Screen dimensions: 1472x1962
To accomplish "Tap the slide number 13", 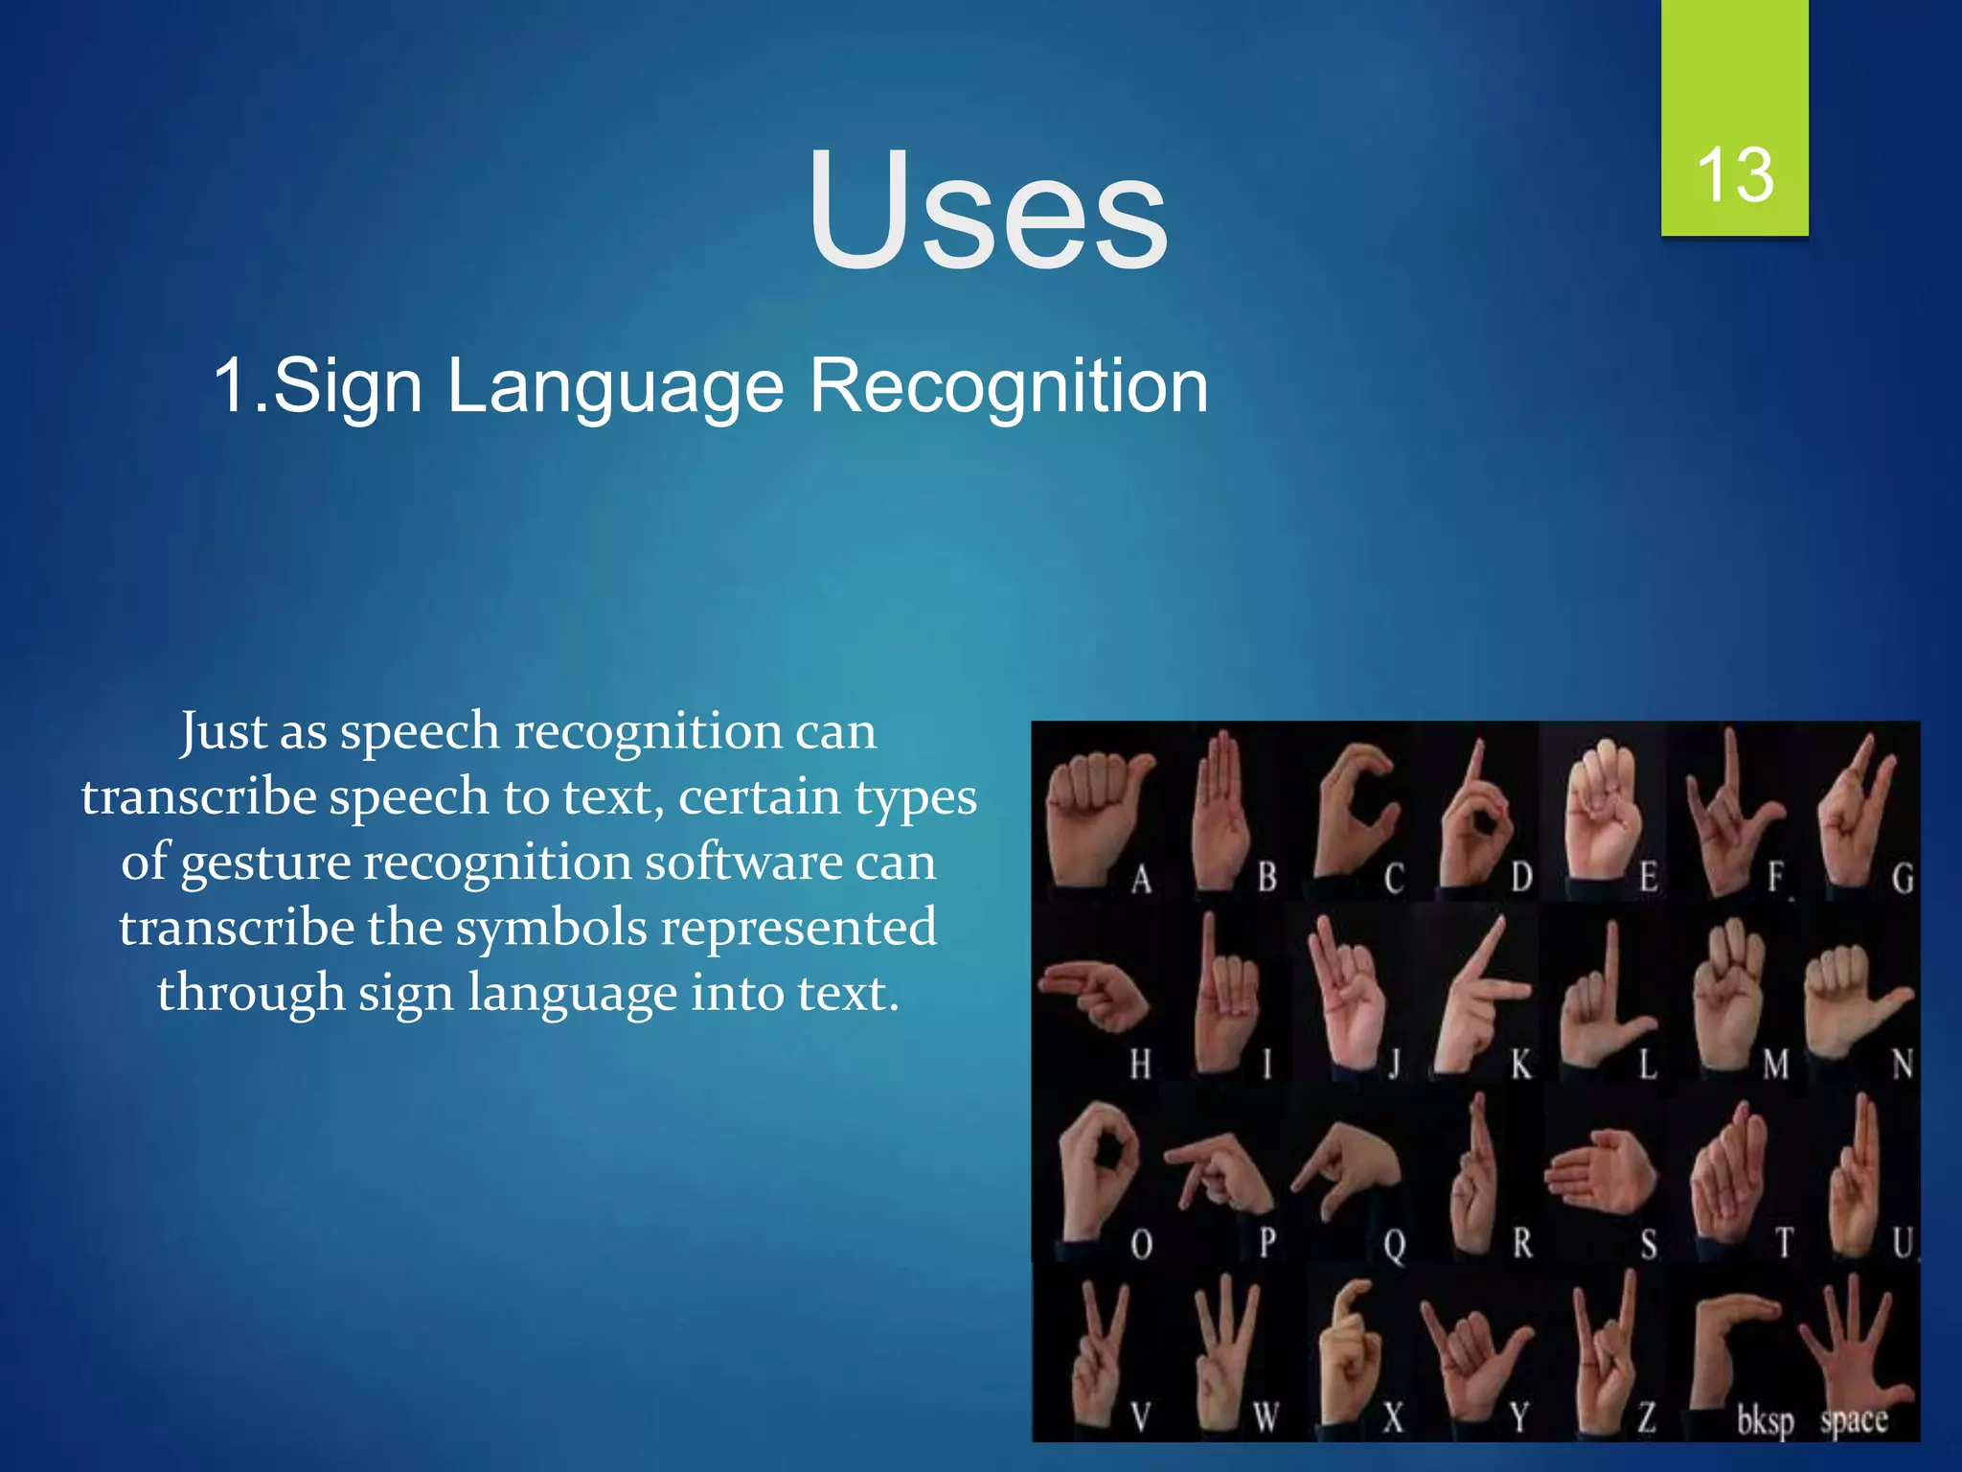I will (1734, 175).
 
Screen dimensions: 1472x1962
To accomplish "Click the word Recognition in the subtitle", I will (1008, 386).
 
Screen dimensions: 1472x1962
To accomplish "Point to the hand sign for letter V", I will (1097, 1351).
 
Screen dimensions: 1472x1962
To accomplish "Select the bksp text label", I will (1765, 1420).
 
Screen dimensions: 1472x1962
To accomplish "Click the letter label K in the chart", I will (1520, 1065).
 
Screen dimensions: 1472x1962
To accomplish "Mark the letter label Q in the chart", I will (1394, 1245).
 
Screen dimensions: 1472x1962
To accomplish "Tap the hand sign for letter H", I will (1092, 997).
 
